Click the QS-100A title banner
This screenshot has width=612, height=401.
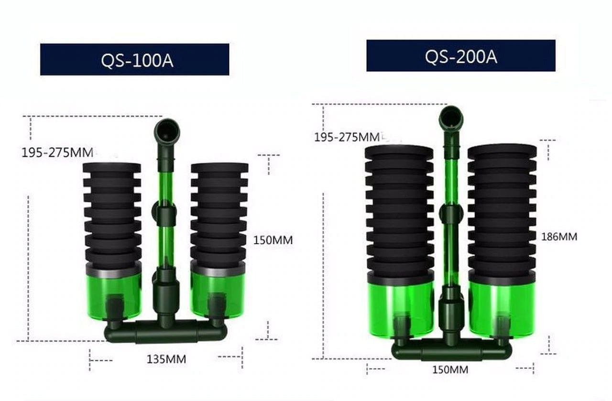[134, 60]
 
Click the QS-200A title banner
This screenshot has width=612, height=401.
[460, 56]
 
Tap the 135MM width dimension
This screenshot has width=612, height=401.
[166, 358]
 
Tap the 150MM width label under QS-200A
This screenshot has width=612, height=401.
[450, 369]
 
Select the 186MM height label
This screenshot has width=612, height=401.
[559, 237]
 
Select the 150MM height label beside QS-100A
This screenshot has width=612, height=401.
[273, 240]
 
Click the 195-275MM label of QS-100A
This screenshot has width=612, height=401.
[57, 153]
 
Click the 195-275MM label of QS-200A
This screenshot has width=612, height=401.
[347, 138]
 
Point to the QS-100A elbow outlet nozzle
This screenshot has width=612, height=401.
[167, 131]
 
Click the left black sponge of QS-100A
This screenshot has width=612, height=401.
[112, 215]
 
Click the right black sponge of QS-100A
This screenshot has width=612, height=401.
[219, 215]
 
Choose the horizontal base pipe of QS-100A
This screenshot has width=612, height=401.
[165, 331]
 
